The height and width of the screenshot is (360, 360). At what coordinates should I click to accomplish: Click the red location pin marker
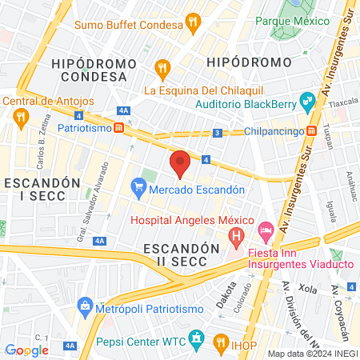pyautogui.click(x=180, y=162)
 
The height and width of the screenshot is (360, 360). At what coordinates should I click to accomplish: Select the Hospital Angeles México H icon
pyautogui.click(x=236, y=236)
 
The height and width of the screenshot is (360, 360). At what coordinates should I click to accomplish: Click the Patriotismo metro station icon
pyautogui.click(x=118, y=127)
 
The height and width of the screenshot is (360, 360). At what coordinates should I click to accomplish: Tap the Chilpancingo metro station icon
pyautogui.click(x=312, y=130)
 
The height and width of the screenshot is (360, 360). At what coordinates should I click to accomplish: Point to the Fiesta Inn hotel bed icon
pyautogui.click(x=266, y=229)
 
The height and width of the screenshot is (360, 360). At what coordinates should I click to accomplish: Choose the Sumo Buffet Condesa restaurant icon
pyautogui.click(x=194, y=24)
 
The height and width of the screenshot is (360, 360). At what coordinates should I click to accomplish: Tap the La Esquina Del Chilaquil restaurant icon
pyautogui.click(x=163, y=68)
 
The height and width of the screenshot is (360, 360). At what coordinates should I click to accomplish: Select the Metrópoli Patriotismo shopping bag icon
pyautogui.click(x=85, y=305)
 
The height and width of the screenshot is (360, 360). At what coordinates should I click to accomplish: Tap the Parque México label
pyautogui.click(x=304, y=20)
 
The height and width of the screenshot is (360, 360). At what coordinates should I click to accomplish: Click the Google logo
pyautogui.click(x=26, y=350)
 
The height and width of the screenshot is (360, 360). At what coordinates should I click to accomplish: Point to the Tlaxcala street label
pyautogui.click(x=342, y=103)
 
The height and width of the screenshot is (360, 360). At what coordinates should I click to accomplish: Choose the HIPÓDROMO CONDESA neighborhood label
pyautogui.click(x=90, y=70)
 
